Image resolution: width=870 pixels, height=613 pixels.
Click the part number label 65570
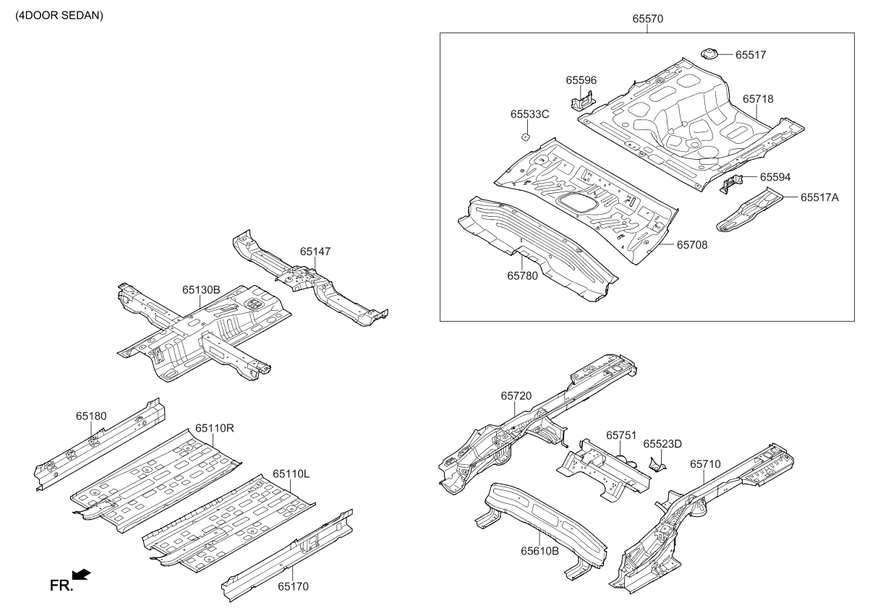click(x=648, y=19)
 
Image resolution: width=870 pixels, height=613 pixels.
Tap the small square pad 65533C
click(x=524, y=135)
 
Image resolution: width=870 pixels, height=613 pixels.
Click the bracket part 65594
click(x=731, y=182)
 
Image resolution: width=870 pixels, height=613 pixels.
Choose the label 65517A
click(x=819, y=197)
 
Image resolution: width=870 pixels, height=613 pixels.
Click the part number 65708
click(x=692, y=245)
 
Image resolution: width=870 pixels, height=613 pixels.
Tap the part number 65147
click(x=315, y=252)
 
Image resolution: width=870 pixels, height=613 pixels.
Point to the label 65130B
click(x=201, y=290)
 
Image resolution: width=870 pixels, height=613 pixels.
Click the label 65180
click(x=91, y=416)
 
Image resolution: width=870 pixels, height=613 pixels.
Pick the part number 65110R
click(x=215, y=428)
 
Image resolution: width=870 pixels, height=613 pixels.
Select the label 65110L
click(x=291, y=473)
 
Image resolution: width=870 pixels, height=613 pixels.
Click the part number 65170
click(x=293, y=586)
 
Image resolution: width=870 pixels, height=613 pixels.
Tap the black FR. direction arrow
click(x=82, y=574)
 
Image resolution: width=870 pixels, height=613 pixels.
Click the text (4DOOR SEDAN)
click(x=60, y=15)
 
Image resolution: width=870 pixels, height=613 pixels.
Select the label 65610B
click(x=540, y=551)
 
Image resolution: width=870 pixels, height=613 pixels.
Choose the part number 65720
click(x=516, y=396)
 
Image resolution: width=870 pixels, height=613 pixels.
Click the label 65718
click(x=758, y=98)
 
